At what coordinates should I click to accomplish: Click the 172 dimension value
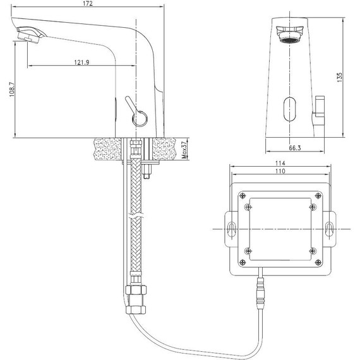[88, 3]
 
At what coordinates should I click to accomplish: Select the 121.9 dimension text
[81, 63]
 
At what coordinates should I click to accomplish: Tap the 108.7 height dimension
[12, 90]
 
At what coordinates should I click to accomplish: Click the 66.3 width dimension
[294, 148]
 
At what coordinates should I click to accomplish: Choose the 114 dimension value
[280, 163]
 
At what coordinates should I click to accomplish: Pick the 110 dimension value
[280, 171]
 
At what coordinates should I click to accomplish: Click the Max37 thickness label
[184, 150]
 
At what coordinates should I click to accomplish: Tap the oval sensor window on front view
[289, 109]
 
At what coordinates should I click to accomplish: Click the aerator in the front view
[289, 35]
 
